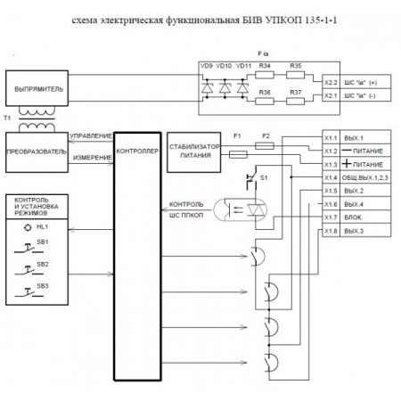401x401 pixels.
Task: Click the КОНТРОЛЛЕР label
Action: (x=137, y=151)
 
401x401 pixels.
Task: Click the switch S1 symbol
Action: (x=252, y=183)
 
